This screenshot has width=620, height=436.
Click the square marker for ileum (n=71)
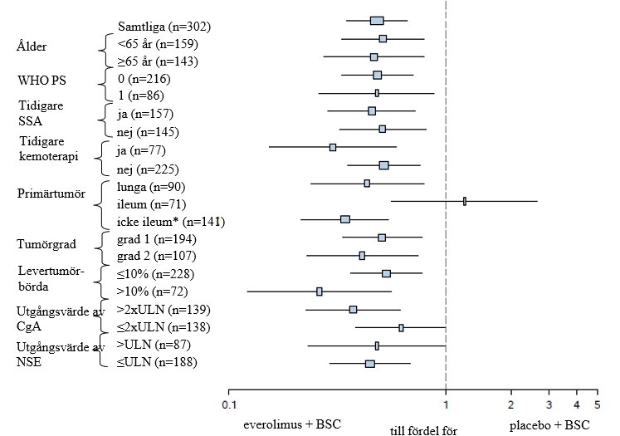pyautogui.click(x=465, y=201)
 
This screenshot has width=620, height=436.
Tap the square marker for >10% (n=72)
pyautogui.click(x=320, y=291)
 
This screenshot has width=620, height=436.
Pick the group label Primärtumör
pyautogui.click(x=51, y=194)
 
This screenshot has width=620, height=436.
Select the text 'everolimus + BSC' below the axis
pyautogui.click(x=292, y=424)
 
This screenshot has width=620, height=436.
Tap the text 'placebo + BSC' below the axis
pyautogui.click(x=549, y=424)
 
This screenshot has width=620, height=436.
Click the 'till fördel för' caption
pyautogui.click(x=424, y=430)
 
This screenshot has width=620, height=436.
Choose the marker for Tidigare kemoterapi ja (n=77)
pyautogui.click(x=333, y=147)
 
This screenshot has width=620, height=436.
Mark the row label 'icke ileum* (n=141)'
pyautogui.click(x=172, y=222)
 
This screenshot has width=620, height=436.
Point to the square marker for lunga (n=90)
pyautogui.click(x=367, y=183)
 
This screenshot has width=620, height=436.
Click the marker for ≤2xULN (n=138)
pyautogui.click(x=401, y=328)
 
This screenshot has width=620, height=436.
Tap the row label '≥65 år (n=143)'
pyautogui.click(x=158, y=61)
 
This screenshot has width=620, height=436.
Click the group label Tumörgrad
pyautogui.click(x=47, y=243)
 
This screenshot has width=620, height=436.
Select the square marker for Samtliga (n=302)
pyautogui.click(x=377, y=21)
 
